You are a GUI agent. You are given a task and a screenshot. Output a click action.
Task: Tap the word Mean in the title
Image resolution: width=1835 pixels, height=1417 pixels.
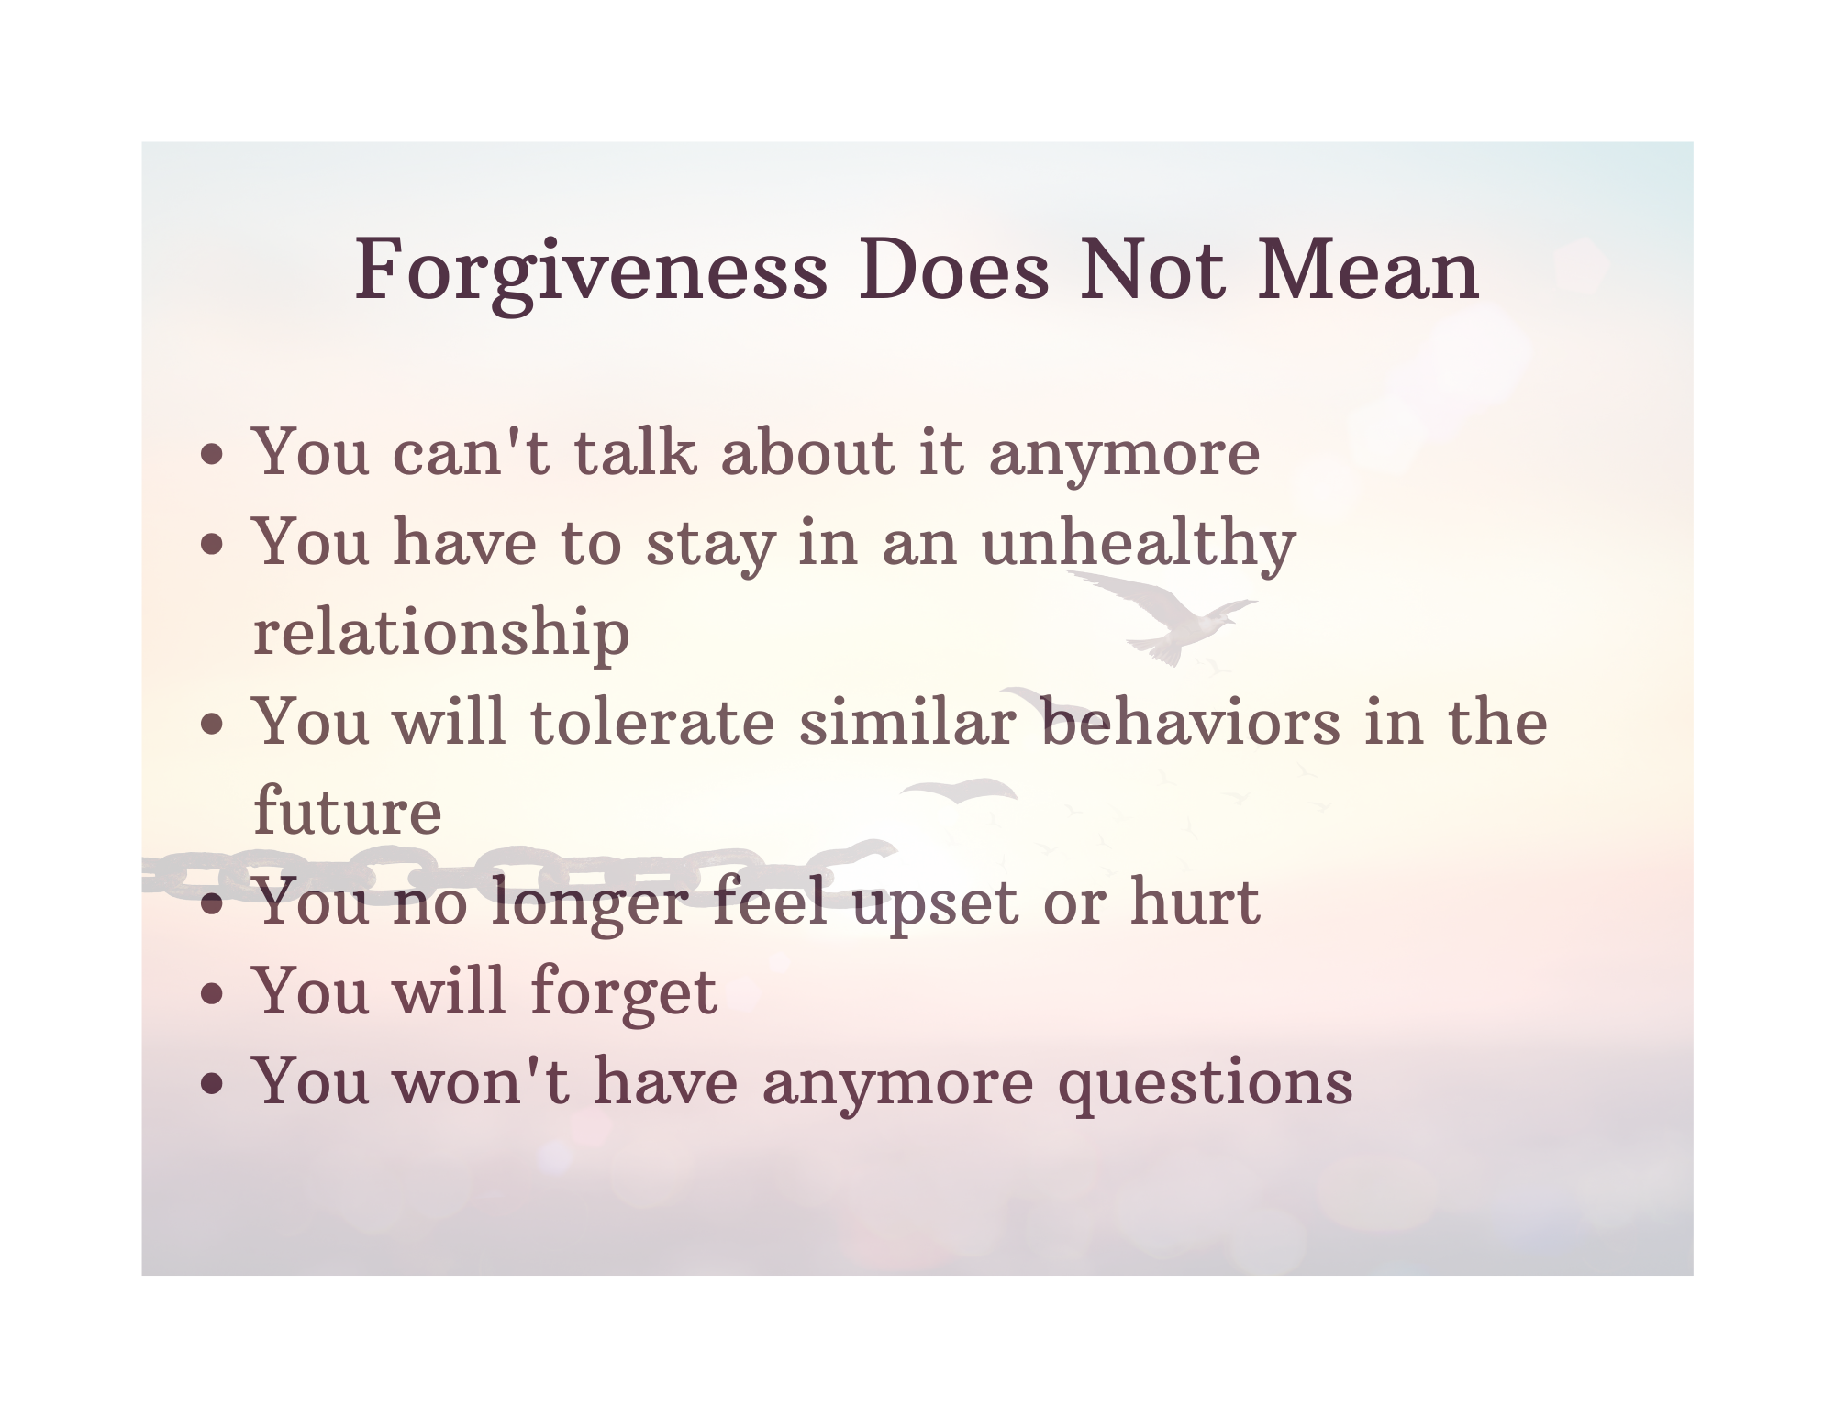[x=1368, y=271]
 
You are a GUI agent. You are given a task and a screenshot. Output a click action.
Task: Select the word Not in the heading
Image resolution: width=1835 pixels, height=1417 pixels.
[x=1152, y=271]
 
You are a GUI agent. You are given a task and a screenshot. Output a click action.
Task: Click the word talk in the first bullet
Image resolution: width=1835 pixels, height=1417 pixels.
[x=634, y=451]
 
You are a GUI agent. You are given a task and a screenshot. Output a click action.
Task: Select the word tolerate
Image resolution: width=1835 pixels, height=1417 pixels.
[x=652, y=722]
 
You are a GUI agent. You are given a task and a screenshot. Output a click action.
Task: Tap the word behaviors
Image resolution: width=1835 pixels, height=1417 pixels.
[x=1191, y=721]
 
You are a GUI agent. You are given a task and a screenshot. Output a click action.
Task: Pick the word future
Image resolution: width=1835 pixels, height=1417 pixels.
[x=348, y=811]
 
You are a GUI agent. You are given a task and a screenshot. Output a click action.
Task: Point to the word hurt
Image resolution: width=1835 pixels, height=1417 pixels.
[x=1195, y=901]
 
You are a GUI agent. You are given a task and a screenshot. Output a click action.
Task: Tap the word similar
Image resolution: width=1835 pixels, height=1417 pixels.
[x=906, y=721]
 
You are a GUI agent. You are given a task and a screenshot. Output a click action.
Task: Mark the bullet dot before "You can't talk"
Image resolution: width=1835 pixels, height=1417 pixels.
[x=213, y=456]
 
